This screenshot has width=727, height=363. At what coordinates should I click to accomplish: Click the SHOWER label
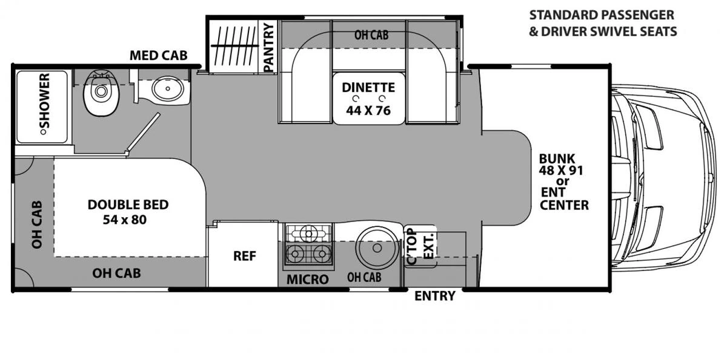tap(45, 100)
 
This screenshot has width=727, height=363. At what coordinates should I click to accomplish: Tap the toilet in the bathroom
tap(101, 93)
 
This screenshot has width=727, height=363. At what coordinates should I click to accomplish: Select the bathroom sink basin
tap(168, 88)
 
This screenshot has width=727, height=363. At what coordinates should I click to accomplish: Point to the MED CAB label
tap(158, 56)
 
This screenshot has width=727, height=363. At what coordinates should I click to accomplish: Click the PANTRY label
tap(269, 47)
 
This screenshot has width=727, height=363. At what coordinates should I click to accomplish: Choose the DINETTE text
tap(368, 88)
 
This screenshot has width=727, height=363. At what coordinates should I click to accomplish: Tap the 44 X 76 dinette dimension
tap(368, 111)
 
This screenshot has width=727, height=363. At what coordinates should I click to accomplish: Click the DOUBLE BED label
tap(128, 205)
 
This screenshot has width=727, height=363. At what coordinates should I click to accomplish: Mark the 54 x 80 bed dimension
tap(125, 220)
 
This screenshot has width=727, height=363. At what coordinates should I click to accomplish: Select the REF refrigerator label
tap(245, 256)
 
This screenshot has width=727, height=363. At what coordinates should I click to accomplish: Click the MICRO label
tap(307, 280)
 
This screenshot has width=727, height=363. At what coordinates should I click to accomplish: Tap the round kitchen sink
tap(377, 248)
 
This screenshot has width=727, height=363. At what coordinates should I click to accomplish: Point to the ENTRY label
tap(435, 296)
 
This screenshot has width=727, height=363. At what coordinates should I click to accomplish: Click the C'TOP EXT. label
tap(420, 246)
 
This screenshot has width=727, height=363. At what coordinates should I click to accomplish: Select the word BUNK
tap(557, 159)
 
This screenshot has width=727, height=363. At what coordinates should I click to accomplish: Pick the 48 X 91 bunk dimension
tap(561, 171)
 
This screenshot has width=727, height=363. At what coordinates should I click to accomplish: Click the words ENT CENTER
tap(564, 199)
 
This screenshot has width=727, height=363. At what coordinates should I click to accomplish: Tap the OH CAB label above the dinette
tap(371, 35)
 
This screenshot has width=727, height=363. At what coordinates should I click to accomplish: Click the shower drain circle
tap(42, 132)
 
